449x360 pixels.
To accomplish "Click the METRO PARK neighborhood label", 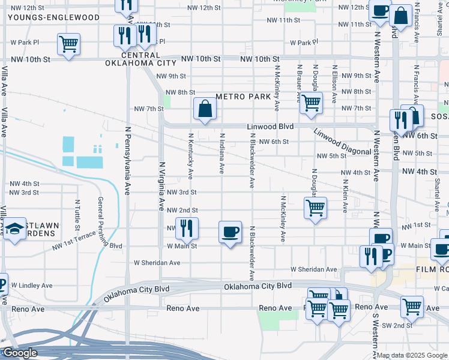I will coord(243,97).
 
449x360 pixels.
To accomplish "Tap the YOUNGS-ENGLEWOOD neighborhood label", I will coord(53,17).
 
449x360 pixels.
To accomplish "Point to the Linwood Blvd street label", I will coord(270,127).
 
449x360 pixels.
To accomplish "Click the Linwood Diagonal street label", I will coord(342,142).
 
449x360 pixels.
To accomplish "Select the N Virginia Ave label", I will coord(161,185).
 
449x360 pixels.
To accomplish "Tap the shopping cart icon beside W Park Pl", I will coord(68,44).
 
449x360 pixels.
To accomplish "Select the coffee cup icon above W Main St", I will coord(230,232).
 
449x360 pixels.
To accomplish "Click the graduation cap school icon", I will coord(15,229).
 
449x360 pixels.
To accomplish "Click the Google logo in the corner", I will coord(20,353).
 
